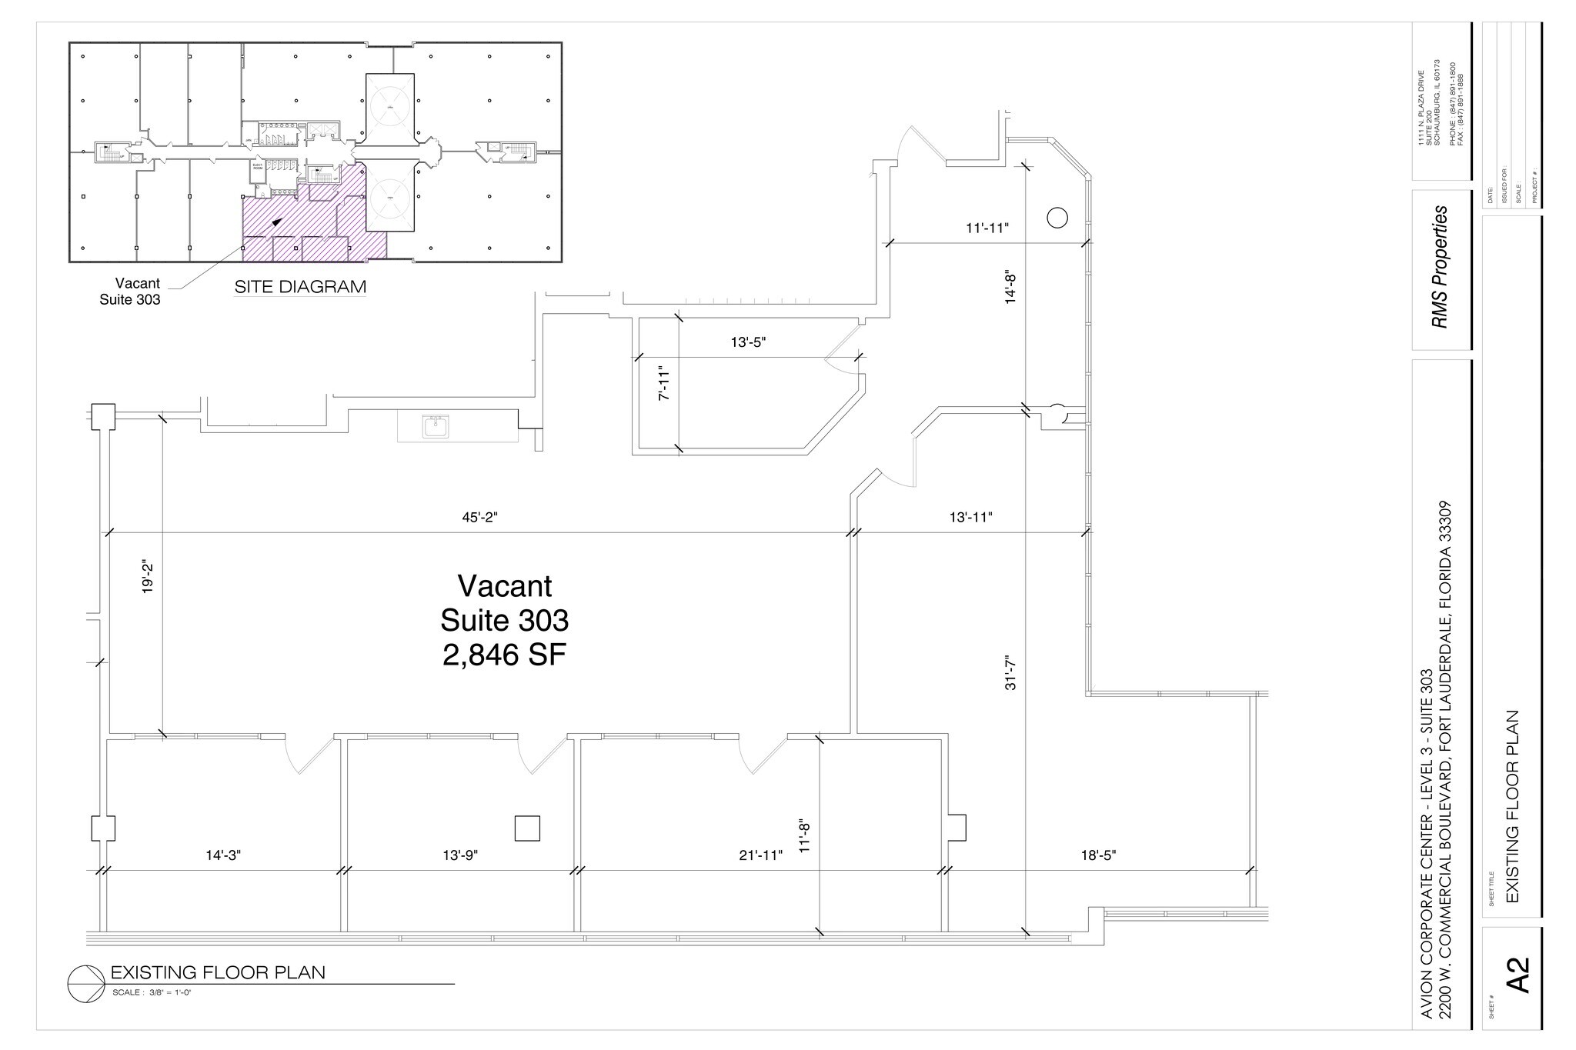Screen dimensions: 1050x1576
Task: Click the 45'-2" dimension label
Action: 479,518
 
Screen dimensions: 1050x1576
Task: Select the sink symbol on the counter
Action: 436,426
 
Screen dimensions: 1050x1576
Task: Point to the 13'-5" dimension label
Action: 748,343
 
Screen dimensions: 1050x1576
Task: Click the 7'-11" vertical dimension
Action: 665,382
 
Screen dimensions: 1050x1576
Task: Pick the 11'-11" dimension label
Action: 987,228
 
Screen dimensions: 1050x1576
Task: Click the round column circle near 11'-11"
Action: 1057,218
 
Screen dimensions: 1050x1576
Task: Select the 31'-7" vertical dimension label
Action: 1010,672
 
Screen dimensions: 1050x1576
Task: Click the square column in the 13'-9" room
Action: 527,828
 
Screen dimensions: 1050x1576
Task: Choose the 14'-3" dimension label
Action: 223,855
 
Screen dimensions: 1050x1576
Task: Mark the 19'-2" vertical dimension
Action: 148,577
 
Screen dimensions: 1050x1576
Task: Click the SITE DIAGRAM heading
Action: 300,287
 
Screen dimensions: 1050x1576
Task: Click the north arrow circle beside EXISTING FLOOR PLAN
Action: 85,979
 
